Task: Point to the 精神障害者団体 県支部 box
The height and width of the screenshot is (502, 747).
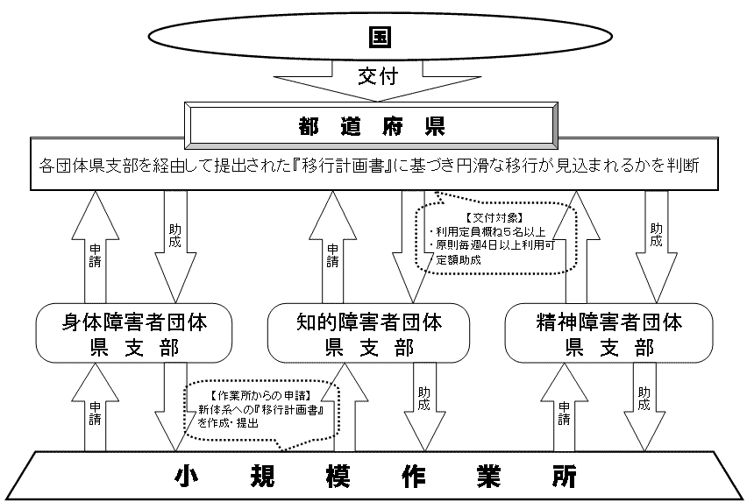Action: tap(608, 334)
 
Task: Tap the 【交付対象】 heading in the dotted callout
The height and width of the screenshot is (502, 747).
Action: tap(480, 216)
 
